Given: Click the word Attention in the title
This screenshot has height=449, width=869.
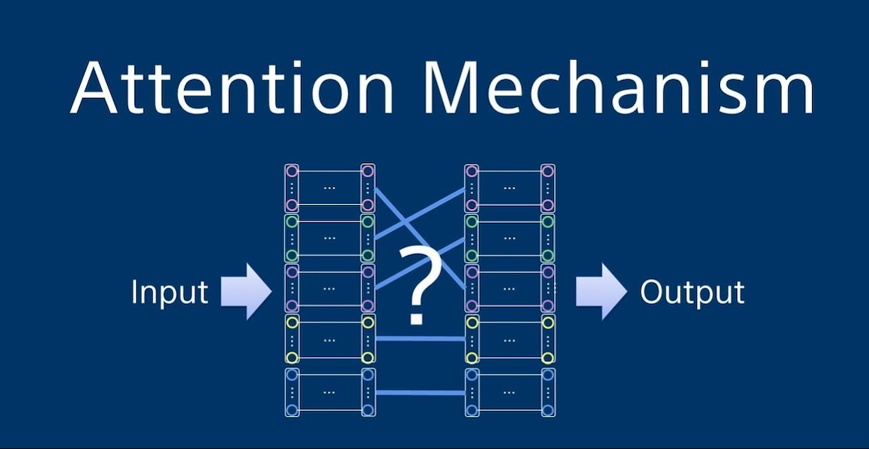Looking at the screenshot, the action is [x=232, y=87].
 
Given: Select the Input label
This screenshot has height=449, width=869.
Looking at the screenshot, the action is [x=170, y=292].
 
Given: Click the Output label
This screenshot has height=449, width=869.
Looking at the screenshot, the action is [x=692, y=292].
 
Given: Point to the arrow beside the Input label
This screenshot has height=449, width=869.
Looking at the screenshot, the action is [x=246, y=291].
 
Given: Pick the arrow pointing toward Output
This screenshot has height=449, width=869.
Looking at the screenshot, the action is [x=601, y=291].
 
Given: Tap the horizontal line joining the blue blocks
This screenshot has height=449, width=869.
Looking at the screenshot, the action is [x=420, y=392].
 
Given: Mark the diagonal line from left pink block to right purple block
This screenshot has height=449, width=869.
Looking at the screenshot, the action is [x=420, y=239].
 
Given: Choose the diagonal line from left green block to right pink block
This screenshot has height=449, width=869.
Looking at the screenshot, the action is [x=420, y=213].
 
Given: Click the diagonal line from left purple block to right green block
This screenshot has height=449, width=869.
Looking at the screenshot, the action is [x=420, y=263].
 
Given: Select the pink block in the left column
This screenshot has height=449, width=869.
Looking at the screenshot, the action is [x=330, y=188].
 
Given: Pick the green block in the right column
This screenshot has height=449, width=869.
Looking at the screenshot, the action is [x=510, y=239].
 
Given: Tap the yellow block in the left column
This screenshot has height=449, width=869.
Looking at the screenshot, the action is [x=330, y=339].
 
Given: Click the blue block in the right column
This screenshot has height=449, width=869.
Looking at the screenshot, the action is [x=510, y=392].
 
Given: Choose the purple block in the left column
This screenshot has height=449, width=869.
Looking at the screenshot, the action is [x=330, y=288].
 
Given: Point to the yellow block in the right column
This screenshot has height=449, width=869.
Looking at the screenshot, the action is [x=510, y=339].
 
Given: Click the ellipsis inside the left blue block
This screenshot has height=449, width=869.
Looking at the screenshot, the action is [x=330, y=392].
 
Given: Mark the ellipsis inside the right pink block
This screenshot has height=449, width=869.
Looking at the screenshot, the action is [x=510, y=188].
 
